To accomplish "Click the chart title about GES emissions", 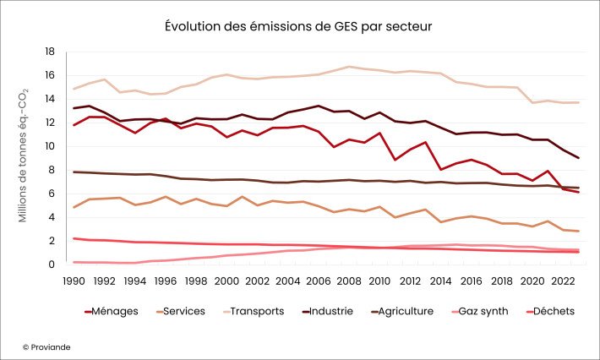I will [299, 27].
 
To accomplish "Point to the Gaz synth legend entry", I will [477, 311].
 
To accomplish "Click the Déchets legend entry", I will [548, 311].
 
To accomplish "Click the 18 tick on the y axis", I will [48, 52].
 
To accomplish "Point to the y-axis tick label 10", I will [48, 146].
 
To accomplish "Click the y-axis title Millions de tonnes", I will [25, 157].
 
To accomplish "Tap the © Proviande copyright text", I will [46, 346].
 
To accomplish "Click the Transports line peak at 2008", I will [349, 66].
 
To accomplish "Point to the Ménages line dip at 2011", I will [395, 160].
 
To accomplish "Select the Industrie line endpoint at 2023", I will [578, 158].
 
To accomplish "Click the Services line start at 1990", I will [74, 208].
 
